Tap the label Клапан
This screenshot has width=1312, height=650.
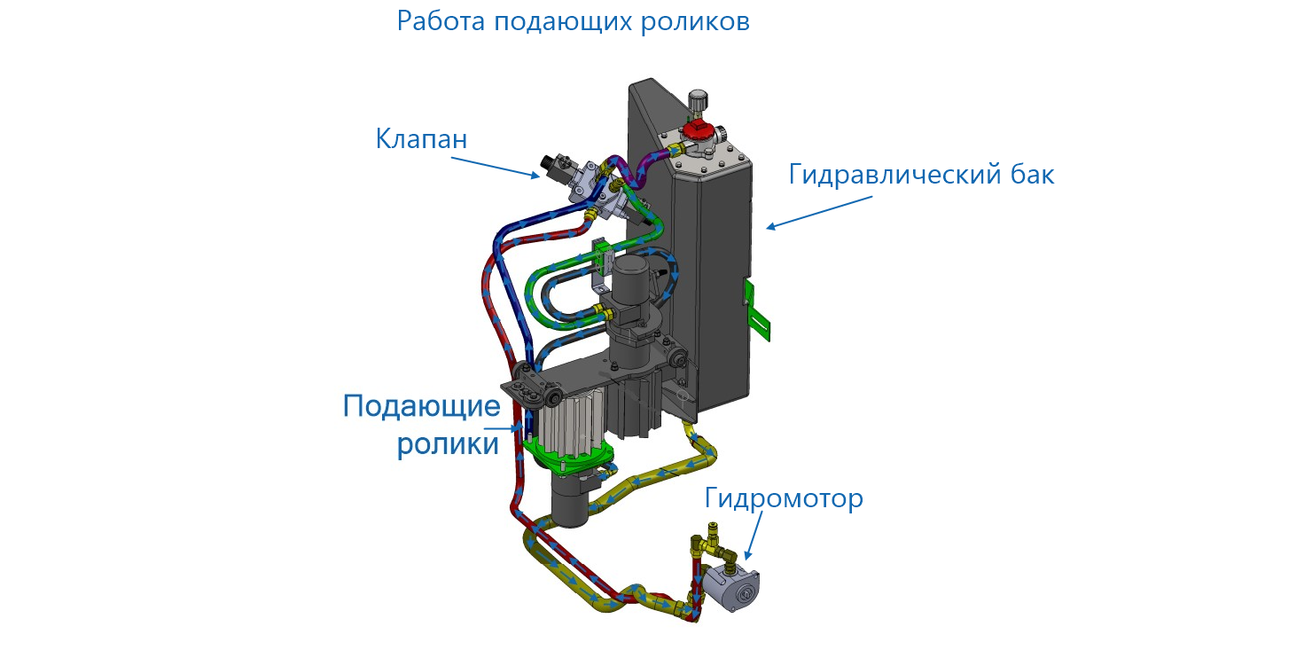pos(421,139)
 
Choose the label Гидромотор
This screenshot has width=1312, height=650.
pos(784,498)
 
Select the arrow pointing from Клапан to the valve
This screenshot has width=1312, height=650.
pos(496,168)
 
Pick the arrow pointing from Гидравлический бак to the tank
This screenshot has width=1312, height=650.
pos(816,214)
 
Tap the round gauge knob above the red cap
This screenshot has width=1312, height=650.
pos(699,98)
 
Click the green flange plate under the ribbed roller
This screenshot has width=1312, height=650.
pos(567,456)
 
